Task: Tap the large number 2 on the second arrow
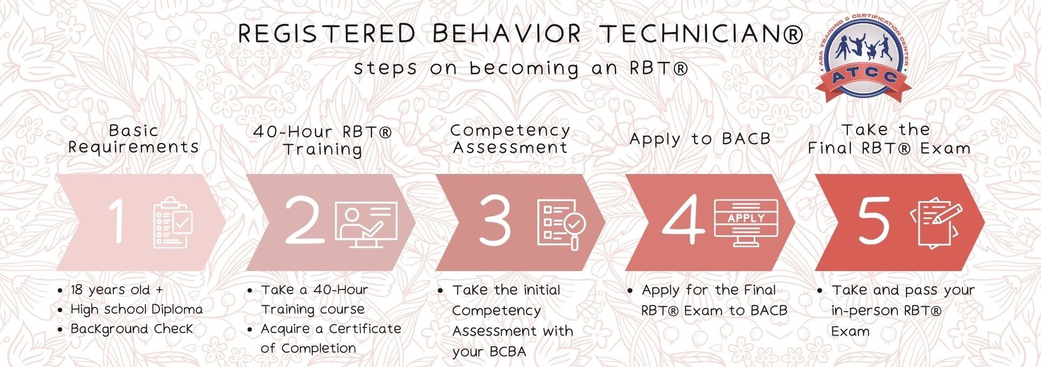click(305, 219)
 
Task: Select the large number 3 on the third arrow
click(494, 220)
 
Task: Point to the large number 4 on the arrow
click(684, 220)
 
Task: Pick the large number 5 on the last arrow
click(873, 220)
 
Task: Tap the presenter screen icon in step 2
click(367, 224)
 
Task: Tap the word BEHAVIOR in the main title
click(506, 34)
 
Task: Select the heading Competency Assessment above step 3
click(510, 139)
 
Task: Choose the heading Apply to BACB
click(700, 139)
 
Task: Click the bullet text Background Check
click(132, 329)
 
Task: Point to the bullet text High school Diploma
click(137, 309)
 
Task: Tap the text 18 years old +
click(117, 289)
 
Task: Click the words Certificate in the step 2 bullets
click(365, 329)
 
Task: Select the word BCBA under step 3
click(506, 351)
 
